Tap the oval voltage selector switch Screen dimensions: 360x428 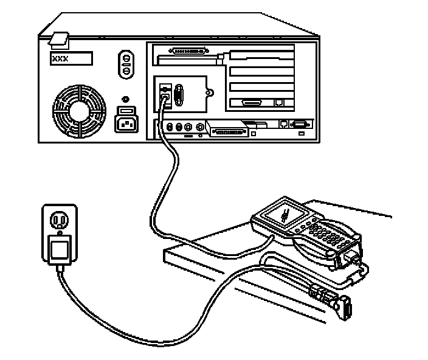(126, 63)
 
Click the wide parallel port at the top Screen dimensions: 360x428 (192, 52)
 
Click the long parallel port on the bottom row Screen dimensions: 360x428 (227, 129)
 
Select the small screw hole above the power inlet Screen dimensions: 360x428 (125, 99)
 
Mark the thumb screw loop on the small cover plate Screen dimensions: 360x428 (210, 93)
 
